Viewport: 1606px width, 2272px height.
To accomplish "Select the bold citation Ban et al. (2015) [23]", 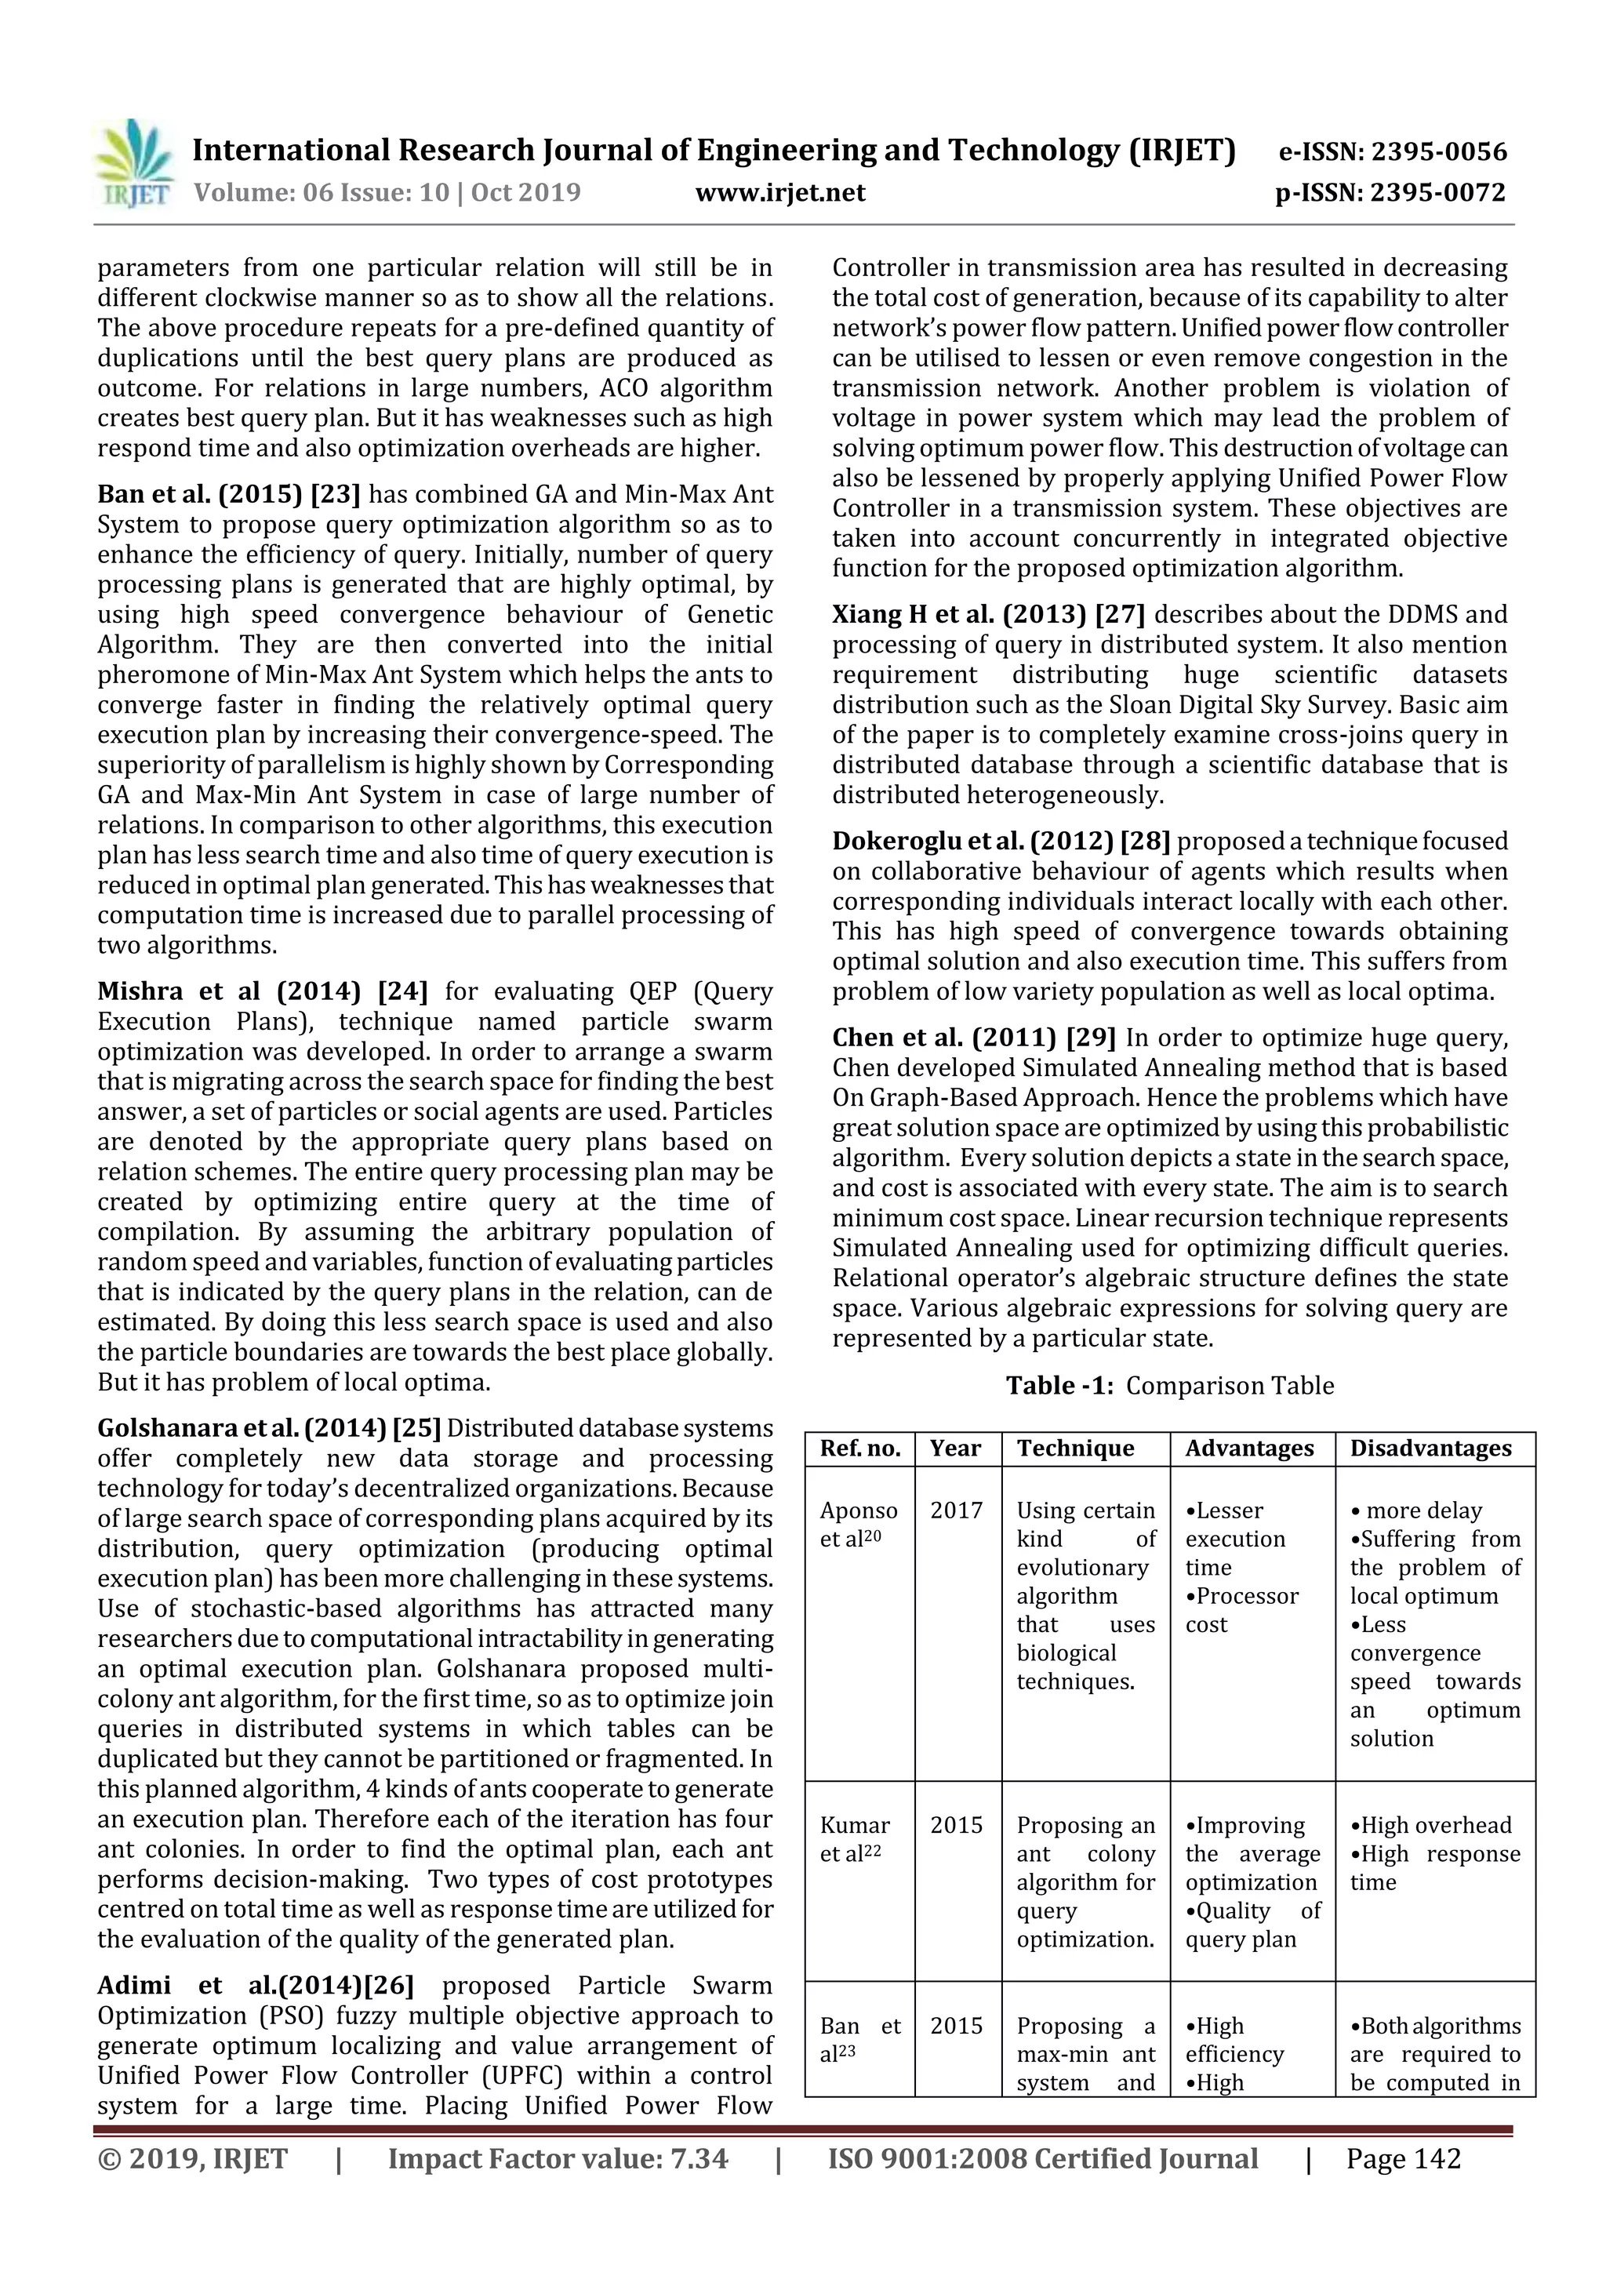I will tap(228, 494).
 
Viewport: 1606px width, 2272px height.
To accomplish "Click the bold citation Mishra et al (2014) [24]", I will tap(262, 991).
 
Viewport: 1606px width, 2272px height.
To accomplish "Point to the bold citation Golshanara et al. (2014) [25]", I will tap(268, 1428).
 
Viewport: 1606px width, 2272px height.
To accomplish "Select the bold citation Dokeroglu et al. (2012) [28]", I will tap(1001, 841).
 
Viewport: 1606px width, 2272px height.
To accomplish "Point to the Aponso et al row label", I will tap(858, 1525).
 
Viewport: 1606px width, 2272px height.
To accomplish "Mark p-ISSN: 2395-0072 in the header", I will tap(1390, 192).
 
